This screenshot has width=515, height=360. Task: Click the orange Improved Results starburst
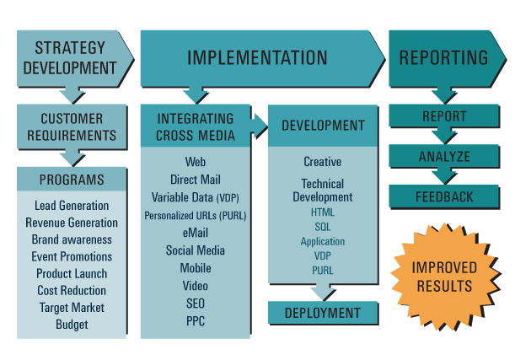(x=445, y=277)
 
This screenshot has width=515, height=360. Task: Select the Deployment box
(x=323, y=313)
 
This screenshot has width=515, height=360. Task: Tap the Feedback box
(x=444, y=196)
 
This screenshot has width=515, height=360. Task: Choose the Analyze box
(x=444, y=156)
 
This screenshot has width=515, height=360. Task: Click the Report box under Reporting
(x=444, y=116)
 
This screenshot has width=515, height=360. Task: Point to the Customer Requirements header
(x=72, y=126)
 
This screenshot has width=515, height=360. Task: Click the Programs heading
(x=72, y=180)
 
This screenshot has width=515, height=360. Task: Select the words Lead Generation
(x=72, y=206)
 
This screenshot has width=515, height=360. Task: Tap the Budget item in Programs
(x=72, y=325)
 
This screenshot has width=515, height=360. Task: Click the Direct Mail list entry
(x=196, y=180)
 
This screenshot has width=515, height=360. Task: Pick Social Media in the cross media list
(x=196, y=250)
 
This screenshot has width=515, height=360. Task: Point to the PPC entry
(x=196, y=321)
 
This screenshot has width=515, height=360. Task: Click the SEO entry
(x=196, y=304)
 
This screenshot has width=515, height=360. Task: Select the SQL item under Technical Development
(x=323, y=227)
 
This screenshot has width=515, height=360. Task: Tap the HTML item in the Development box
(x=323, y=212)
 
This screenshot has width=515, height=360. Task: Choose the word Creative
(x=323, y=162)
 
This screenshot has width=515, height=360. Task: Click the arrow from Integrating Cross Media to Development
(x=260, y=126)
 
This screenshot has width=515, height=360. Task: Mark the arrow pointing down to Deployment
(x=323, y=292)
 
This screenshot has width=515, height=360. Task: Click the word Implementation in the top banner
(x=257, y=58)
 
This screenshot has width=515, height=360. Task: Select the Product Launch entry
(x=72, y=274)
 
